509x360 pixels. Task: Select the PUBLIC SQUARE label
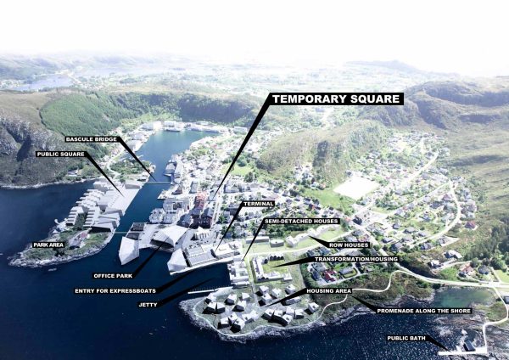coord(59,155)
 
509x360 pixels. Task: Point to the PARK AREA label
coord(48,245)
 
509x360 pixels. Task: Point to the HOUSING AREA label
coord(329,290)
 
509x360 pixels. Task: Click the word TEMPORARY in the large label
coord(304,98)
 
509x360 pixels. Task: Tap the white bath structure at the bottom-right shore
coord(470,347)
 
